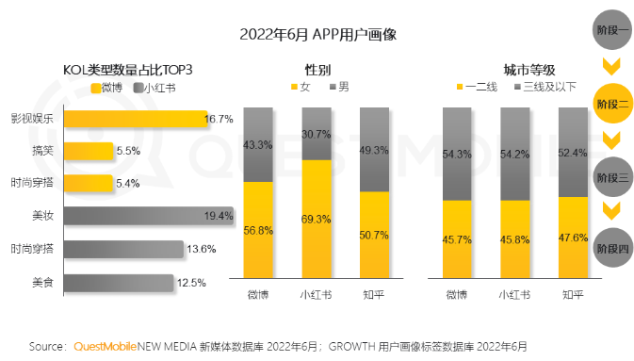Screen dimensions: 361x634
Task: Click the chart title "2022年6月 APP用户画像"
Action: tap(317, 35)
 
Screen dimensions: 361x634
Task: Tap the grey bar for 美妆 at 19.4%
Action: tap(148, 216)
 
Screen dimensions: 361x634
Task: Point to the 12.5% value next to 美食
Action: tap(191, 282)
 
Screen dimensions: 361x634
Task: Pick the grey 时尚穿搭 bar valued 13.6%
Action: tap(122, 249)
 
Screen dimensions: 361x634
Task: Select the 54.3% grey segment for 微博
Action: tap(457, 154)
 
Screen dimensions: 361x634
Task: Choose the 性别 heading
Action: tap(317, 70)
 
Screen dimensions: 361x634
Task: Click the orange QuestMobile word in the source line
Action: tap(106, 346)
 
